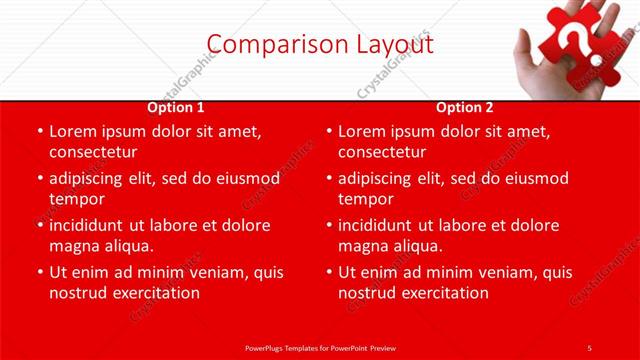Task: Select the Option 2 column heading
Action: (465, 107)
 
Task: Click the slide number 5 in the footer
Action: (589, 347)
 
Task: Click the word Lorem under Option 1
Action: (75, 131)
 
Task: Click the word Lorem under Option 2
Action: (364, 131)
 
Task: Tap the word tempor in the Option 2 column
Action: (366, 199)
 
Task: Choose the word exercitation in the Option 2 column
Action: (441, 293)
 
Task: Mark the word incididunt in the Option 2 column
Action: (385, 225)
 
